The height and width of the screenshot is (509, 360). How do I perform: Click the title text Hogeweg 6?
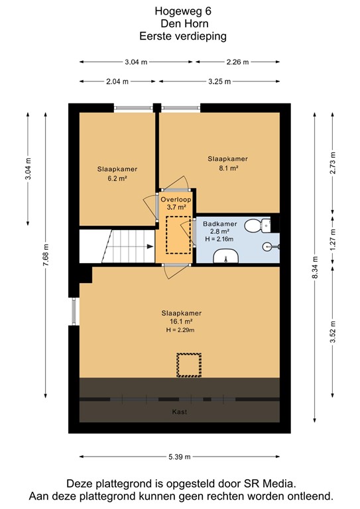[180, 11]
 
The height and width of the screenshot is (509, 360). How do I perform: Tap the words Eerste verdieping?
[180, 36]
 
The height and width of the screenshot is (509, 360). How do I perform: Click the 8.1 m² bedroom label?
[227, 164]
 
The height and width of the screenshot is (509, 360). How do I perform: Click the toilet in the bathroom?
[254, 226]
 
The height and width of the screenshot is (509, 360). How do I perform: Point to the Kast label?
[179, 412]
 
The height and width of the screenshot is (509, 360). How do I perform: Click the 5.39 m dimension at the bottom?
[180, 457]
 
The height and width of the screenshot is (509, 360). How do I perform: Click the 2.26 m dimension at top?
[237, 62]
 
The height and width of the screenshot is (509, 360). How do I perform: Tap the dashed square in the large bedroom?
[188, 365]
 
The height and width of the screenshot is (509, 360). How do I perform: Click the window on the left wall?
[74, 311]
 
